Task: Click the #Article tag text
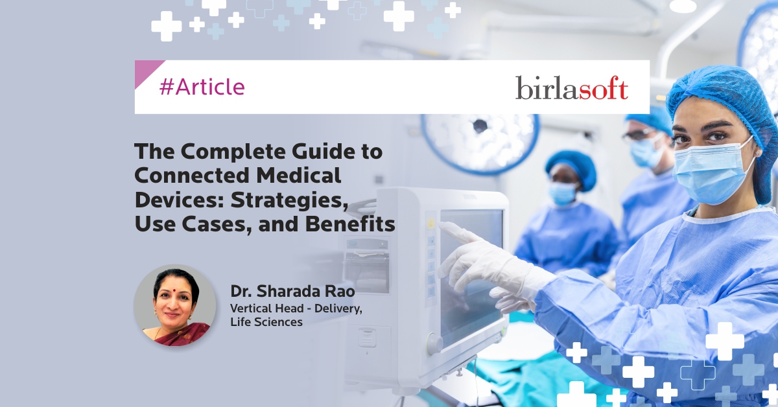(x=202, y=87)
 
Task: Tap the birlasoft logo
(x=572, y=88)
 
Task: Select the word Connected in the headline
(x=191, y=176)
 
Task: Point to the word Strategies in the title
(x=289, y=200)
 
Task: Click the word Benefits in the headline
(x=350, y=224)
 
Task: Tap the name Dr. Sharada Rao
(x=292, y=292)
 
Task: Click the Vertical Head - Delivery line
(x=296, y=308)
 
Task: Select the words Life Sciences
(x=266, y=322)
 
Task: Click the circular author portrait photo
(x=175, y=306)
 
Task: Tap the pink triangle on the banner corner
(x=146, y=71)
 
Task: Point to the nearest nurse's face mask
(x=712, y=170)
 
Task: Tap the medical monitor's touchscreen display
(x=472, y=274)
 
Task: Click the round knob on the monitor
(x=434, y=343)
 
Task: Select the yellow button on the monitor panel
(x=430, y=224)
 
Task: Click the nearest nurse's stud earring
(x=757, y=152)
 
